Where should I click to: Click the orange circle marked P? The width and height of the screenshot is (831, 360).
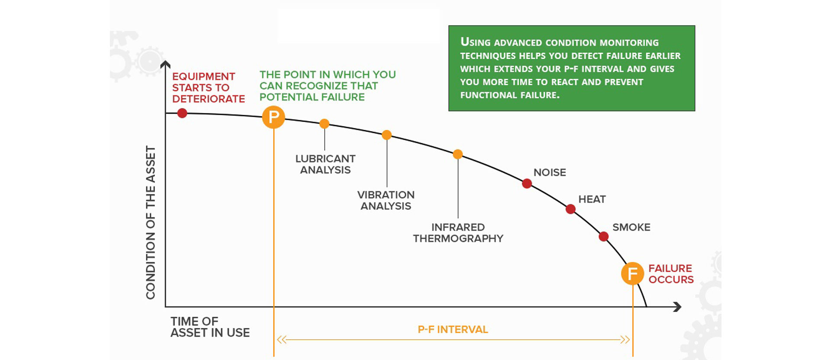point(274,117)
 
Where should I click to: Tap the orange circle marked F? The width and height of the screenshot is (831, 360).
point(633,273)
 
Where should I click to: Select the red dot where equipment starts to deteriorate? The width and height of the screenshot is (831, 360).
point(182,113)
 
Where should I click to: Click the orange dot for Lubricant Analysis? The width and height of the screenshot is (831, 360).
point(324,124)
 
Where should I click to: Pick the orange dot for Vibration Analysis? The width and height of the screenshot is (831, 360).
point(387,135)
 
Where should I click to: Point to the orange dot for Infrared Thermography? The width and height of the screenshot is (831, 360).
point(458,154)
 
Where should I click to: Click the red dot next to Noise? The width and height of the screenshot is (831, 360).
point(527,183)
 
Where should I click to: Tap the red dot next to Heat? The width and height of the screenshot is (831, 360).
point(570,209)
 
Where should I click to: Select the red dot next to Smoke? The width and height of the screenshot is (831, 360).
point(604,236)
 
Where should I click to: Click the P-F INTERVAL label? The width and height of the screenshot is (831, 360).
point(453,330)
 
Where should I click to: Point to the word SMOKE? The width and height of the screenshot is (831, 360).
point(631,227)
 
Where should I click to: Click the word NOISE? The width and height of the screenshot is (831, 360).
point(550,172)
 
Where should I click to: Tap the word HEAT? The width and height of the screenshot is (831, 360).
point(592,199)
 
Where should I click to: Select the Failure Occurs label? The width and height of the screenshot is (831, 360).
point(671,274)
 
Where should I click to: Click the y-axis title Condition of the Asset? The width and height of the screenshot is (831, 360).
point(150,222)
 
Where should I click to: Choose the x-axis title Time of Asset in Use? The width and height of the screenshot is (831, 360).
point(210,327)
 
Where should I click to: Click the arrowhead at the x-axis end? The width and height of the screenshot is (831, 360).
point(678,307)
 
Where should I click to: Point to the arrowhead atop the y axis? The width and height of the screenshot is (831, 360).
point(165,64)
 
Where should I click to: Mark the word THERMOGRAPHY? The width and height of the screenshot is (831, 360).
point(458,238)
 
